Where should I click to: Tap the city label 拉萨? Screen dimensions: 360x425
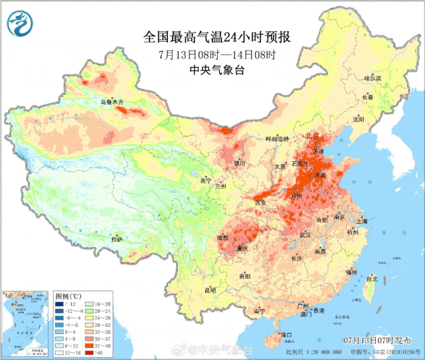117,239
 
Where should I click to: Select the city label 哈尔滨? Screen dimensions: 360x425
373,78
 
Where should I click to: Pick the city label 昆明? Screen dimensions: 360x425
210,290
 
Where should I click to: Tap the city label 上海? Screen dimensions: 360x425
361,221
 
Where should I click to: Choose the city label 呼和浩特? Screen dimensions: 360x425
278,139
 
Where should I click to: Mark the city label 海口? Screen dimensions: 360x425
286,334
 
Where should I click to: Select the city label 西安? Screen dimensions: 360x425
260,203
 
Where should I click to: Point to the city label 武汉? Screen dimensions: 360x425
305,234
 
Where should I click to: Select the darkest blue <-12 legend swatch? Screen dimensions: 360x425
60,304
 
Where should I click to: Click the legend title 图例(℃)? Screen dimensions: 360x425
68,295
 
